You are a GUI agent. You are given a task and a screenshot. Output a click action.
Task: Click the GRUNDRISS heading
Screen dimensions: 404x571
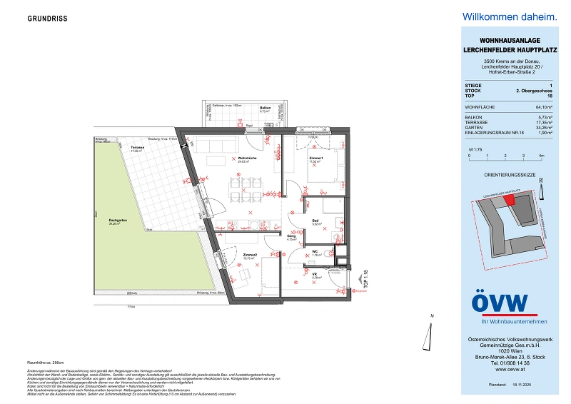tap(49, 19)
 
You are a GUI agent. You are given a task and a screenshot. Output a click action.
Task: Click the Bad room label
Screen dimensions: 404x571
tap(316, 221)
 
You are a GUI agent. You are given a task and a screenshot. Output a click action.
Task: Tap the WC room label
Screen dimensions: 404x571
tap(315, 251)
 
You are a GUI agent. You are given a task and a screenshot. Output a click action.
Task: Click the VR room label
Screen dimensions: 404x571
tap(314, 273)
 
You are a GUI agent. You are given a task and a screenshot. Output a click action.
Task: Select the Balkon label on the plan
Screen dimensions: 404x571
tap(265, 108)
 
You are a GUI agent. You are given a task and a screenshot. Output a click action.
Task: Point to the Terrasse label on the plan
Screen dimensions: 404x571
tap(137, 148)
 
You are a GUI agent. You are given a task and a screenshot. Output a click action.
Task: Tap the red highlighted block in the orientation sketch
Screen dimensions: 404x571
tap(510, 201)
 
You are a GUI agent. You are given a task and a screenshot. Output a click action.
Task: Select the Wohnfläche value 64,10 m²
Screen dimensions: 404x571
tap(535, 107)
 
